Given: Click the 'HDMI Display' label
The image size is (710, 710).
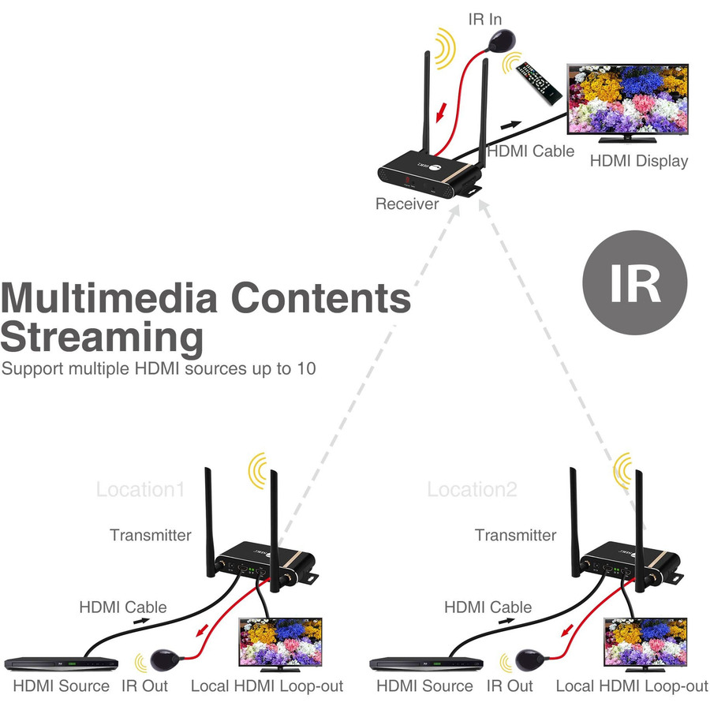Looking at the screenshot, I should pos(639,161).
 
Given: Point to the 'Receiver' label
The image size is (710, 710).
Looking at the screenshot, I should pos(406,204).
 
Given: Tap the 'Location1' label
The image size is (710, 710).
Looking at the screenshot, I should pos(140,489).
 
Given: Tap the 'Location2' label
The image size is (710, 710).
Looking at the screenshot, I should pos(472,489).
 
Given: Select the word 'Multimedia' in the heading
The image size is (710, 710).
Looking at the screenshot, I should pos(109,300).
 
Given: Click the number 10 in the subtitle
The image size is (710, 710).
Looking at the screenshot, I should pos(305,368).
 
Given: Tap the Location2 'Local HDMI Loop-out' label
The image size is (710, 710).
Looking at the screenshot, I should pos(632,686).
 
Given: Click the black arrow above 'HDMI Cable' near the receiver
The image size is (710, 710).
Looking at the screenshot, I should pos(511,125).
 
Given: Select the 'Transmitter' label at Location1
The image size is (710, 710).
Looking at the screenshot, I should pos(150,535).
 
